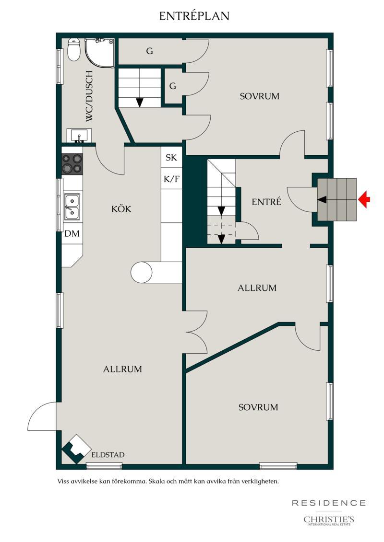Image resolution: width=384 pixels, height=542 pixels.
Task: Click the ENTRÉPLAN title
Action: pos(194,16)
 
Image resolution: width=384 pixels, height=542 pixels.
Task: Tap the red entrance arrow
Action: pos(364,199)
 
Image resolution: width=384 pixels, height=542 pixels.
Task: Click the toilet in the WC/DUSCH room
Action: pos(74,50)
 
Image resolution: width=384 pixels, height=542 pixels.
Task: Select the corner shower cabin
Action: pos(99,52)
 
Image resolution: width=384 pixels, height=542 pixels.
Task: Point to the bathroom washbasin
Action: pos(79,135)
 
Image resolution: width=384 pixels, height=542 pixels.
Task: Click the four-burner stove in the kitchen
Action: pos(72,164)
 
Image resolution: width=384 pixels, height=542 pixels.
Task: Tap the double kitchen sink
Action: pos(72,207)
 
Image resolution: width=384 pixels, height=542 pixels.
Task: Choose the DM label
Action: pos(72,234)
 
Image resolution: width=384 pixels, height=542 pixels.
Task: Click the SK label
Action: pos(171,158)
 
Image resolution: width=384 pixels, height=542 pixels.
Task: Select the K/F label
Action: pos(171,179)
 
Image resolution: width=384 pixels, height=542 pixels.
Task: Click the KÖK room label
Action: pos(121,209)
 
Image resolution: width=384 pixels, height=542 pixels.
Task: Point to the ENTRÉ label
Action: pos(266,202)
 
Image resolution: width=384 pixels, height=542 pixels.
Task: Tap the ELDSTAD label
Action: pos(108,455)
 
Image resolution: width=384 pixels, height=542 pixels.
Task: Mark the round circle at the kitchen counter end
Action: pos(141,272)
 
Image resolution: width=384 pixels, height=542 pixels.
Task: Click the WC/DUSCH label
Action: pos(89,96)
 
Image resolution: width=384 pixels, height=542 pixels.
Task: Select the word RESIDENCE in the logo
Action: pos(329,503)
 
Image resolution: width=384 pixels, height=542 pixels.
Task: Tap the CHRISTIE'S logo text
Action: pos(329,519)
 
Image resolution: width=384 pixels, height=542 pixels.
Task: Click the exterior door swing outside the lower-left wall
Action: pos(42,416)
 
